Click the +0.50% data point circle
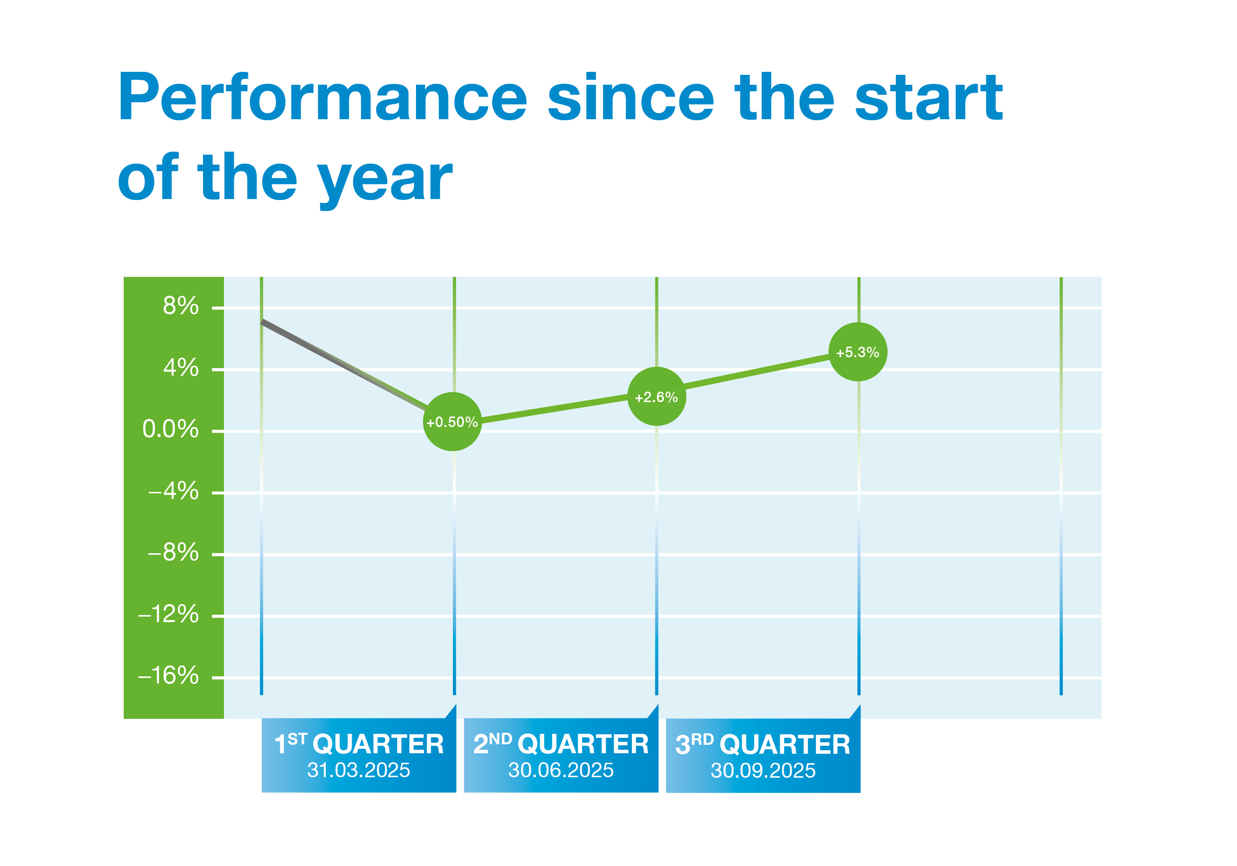coord(452,422)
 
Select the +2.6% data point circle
coord(656,397)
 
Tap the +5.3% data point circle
coord(857,352)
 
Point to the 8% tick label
coord(181,306)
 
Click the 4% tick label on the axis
coord(181,368)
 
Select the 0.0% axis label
coord(170,430)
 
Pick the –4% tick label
coord(174,491)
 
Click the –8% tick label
coord(174,552)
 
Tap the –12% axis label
coord(168,615)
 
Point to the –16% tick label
coord(168,676)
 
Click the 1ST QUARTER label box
coord(359,755)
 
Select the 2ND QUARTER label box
coord(561,755)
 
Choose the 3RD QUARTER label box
coord(763,755)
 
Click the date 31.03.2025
coord(359,770)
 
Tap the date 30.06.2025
coord(561,770)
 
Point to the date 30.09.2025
coord(763,771)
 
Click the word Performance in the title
coord(322,98)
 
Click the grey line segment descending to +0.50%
coord(345,365)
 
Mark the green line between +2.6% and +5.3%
coord(757,372)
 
